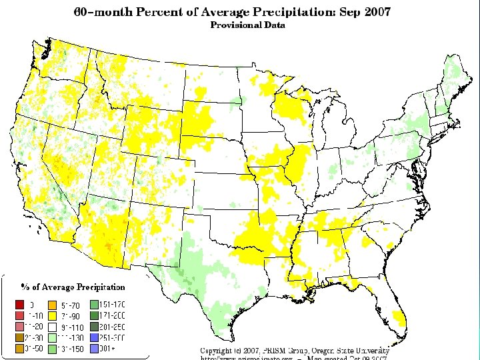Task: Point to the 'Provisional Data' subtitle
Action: pos(247,25)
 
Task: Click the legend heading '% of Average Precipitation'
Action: pos(73,287)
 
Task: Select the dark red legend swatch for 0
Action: pos(19,305)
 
